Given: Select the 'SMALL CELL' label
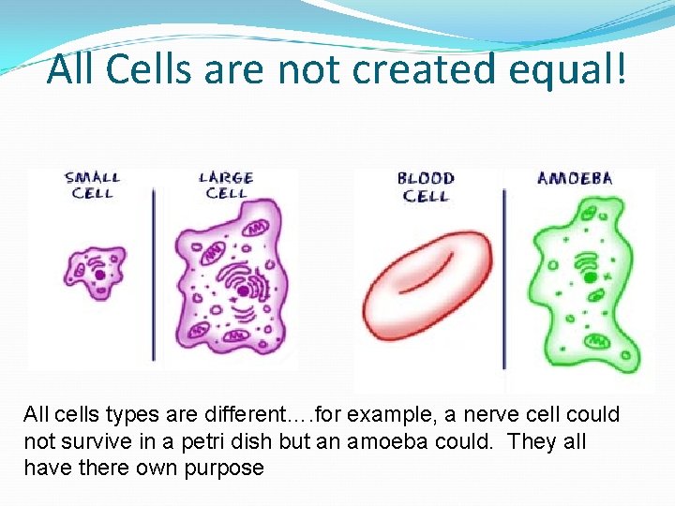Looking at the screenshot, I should pyautogui.click(x=91, y=185).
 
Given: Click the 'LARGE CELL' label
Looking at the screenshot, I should pyautogui.click(x=226, y=185).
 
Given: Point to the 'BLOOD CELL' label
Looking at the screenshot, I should pyautogui.click(x=425, y=186).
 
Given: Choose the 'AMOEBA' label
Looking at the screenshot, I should pyautogui.click(x=574, y=178).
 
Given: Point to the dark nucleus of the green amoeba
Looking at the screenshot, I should pyautogui.click(x=589, y=277).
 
